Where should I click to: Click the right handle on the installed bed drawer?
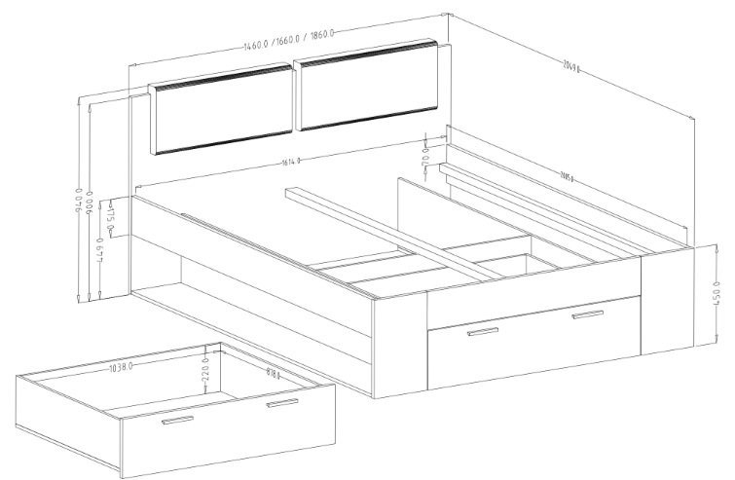pyautogui.click(x=588, y=314)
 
